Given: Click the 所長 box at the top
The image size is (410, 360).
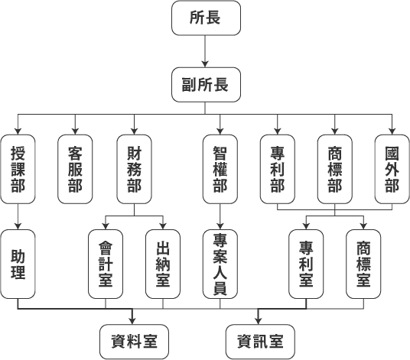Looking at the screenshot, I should coord(205,18).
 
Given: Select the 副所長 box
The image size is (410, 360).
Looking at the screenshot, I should coord(205,83).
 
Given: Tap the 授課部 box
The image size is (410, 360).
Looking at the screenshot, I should coord(17,168).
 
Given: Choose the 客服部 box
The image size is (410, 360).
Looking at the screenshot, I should coord(75,168).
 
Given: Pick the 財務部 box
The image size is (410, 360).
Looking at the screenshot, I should coord(134,168).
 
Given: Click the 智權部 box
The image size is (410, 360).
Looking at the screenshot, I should coord(220,168).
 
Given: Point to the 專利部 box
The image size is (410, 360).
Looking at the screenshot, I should coord(277,168).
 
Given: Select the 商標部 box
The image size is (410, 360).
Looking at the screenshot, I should coord(334,168).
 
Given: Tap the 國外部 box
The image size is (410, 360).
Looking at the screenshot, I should coord(392,168).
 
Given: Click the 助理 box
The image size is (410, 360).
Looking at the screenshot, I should coord(17,264).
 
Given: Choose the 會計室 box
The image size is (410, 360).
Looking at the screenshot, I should coord(105,264).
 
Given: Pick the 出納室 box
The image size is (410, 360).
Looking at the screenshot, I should coord(162,264).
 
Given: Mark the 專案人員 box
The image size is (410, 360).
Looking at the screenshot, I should coord(220,264).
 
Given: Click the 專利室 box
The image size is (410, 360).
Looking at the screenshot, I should coord(306,264).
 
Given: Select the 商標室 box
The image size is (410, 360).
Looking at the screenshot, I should coord(363,264).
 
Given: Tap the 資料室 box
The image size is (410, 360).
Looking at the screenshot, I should coord(134,340).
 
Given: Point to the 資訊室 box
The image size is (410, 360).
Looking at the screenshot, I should coord(258,340).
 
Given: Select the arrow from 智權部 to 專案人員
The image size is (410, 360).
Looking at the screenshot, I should coord(220,215).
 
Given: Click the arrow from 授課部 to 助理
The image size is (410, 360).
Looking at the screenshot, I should coord(17,215).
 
